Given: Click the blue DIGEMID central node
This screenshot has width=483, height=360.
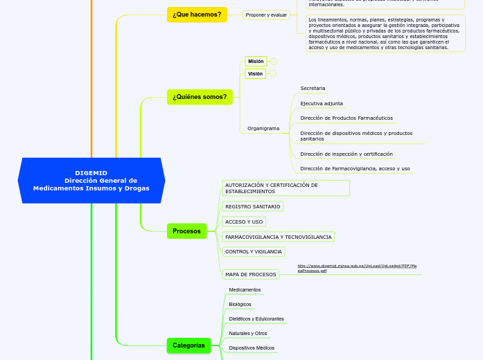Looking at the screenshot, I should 91,181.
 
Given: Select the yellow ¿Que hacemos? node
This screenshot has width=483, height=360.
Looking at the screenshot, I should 197,15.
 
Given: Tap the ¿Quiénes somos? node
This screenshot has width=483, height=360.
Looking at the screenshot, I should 200,97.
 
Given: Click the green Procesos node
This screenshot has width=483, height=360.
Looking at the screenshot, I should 186,231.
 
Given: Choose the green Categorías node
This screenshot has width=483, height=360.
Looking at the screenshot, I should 188,345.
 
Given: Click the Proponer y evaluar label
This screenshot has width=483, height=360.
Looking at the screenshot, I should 266,15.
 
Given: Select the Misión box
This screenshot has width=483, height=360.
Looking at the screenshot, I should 256,61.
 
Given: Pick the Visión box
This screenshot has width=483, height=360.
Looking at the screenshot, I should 255,73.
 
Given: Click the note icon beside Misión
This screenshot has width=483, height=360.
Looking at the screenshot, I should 274,62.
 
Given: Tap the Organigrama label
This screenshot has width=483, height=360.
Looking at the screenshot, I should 263,128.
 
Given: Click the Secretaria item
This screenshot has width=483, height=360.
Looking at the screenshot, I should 313,88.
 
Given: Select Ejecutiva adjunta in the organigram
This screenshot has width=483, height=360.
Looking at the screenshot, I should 322,103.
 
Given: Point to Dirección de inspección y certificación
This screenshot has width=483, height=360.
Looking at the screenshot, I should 346,154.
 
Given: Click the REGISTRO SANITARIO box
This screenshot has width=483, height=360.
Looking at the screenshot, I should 253,206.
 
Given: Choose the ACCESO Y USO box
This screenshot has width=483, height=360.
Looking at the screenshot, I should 244,222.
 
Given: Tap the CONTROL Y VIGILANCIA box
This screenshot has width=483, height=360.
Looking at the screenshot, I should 254,251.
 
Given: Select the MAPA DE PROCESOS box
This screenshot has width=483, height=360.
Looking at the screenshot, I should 250,274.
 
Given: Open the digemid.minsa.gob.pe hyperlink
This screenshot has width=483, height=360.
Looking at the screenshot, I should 356,268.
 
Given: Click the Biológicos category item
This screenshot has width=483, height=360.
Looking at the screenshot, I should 240,304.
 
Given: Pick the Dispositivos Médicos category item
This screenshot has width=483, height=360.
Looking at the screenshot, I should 252,348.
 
